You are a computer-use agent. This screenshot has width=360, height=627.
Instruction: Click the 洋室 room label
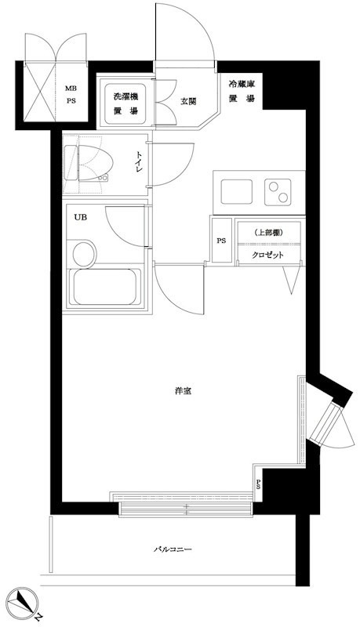pyautogui.click(x=183, y=391)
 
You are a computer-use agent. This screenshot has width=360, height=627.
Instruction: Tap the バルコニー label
pyautogui.click(x=173, y=549)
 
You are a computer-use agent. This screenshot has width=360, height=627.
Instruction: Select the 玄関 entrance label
pyautogui.click(x=188, y=102)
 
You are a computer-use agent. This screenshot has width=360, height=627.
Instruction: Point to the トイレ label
pyautogui.click(x=139, y=162)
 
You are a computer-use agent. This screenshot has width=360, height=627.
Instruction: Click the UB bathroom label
pyautogui.click(x=80, y=217)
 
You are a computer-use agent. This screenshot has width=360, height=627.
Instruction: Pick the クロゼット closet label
pyautogui.click(x=267, y=256)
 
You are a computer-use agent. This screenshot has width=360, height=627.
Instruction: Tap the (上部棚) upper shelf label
pyautogui.click(x=268, y=233)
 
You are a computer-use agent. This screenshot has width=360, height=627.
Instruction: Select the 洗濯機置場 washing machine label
pyautogui.click(x=125, y=103)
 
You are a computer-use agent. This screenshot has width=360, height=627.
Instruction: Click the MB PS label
pyautogui.click(x=71, y=95)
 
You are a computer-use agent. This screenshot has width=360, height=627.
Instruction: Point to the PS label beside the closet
pyautogui.click(x=221, y=241)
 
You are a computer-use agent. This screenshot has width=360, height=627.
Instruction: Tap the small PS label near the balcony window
pyautogui.click(x=258, y=484)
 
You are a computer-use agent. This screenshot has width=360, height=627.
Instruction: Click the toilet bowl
pyautogui.click(x=95, y=163)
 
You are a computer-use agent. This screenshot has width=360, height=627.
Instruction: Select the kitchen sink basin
pyautogui.click(x=237, y=192)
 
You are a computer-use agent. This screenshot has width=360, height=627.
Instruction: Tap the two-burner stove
pyautogui.click(x=278, y=192)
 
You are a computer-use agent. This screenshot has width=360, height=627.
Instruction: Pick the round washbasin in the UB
pyautogui.click(x=85, y=253)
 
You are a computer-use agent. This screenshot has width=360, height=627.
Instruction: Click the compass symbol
pyautogui.click(x=23, y=601)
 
